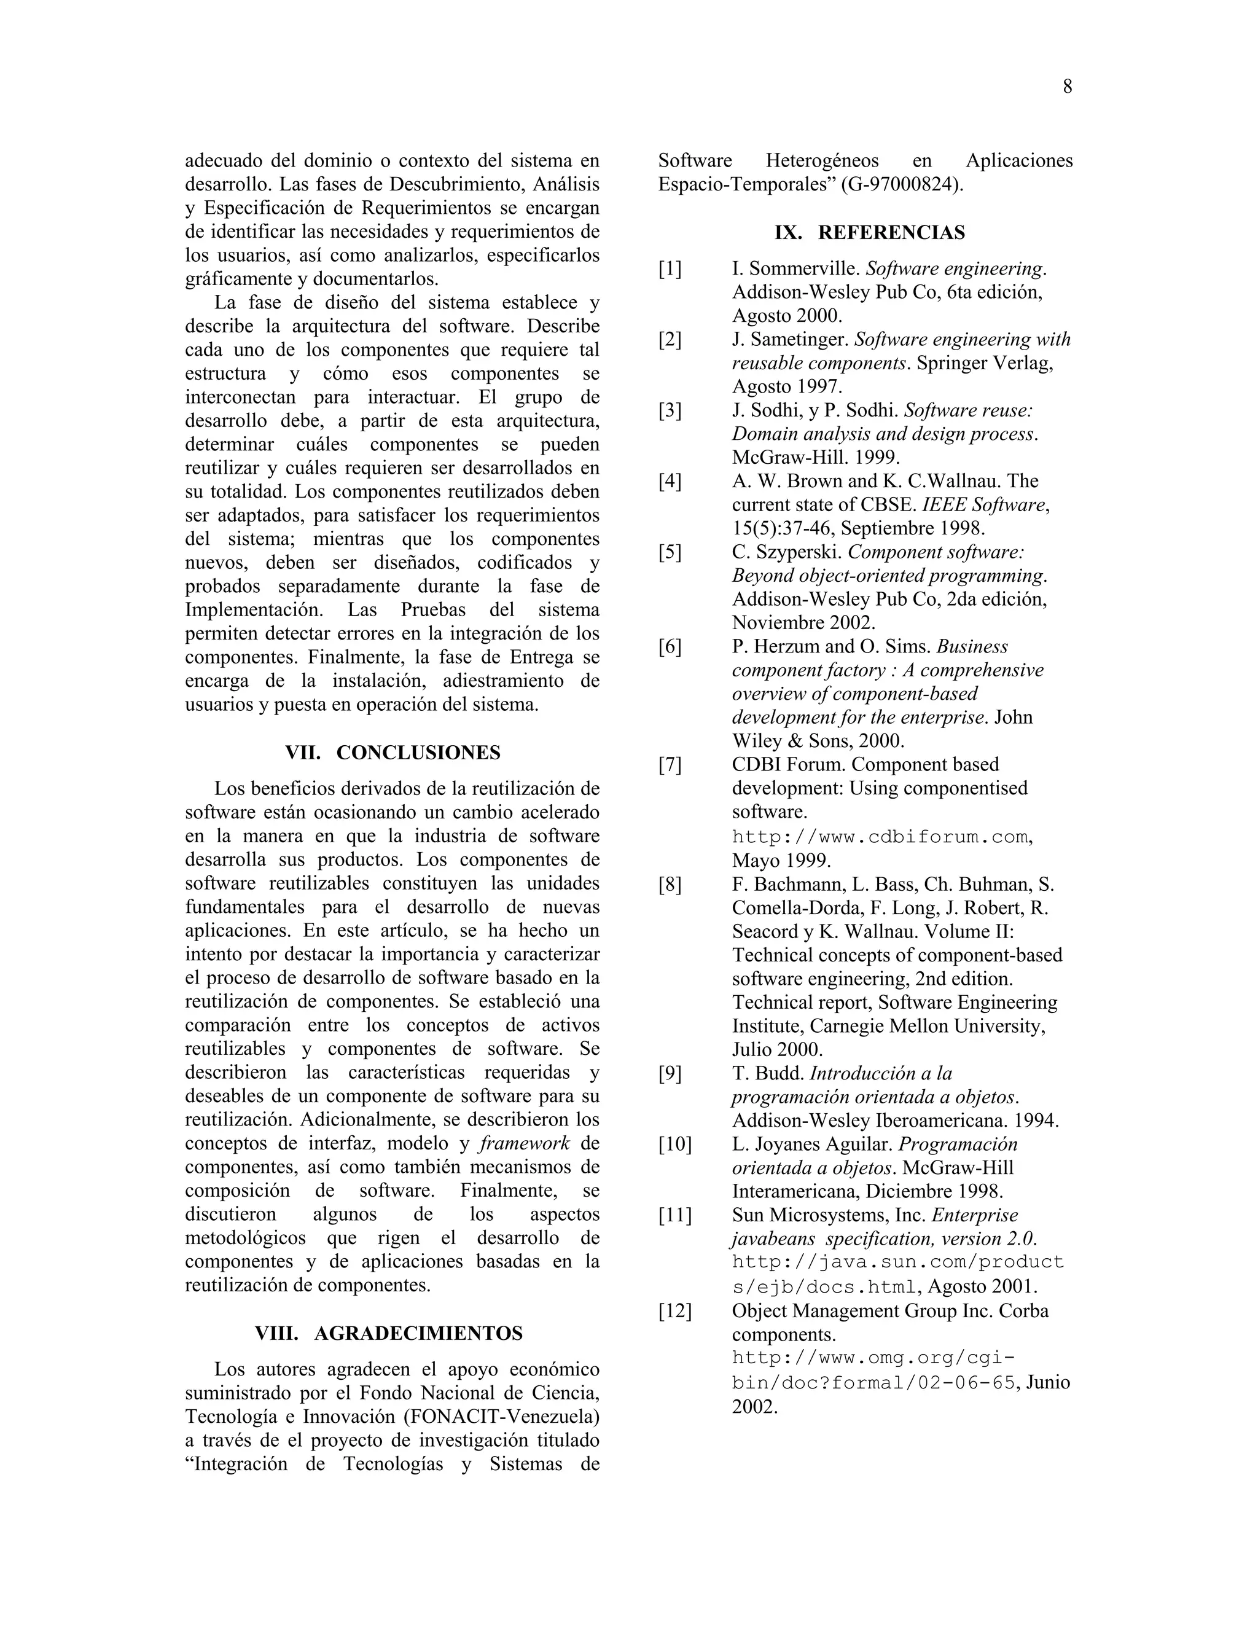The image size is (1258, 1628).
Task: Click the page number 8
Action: tap(1067, 87)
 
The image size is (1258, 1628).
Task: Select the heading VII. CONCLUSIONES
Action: tap(392, 753)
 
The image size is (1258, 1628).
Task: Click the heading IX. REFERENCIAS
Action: tap(869, 233)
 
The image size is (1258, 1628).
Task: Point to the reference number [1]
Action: tap(670, 269)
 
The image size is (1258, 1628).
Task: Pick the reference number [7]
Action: tap(670, 765)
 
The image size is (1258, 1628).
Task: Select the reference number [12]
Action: tap(674, 1311)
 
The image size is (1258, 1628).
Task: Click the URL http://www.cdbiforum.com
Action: tap(880, 837)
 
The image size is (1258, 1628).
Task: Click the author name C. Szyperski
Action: tap(787, 552)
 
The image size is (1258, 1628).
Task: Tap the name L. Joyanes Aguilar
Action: tap(812, 1145)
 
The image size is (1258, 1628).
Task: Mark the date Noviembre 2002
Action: tap(803, 623)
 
